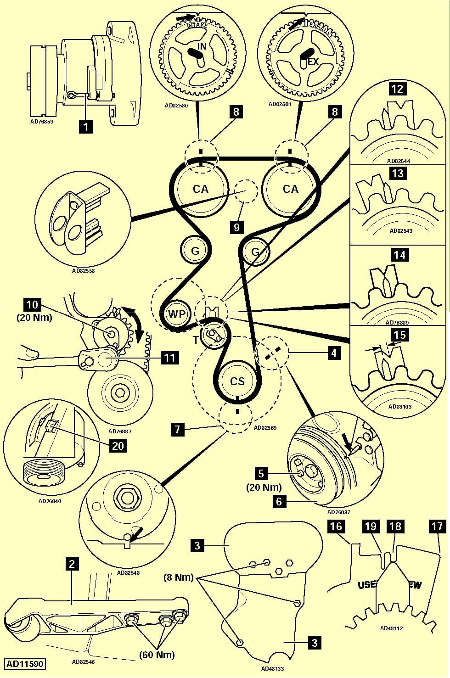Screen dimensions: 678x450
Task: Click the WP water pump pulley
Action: click(x=176, y=314)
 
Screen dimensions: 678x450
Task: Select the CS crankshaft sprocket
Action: click(x=237, y=381)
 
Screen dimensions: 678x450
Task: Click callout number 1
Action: click(x=85, y=125)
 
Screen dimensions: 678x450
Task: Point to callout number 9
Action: click(x=236, y=227)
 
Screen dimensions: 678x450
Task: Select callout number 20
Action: click(x=118, y=445)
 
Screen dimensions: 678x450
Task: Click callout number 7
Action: click(x=177, y=430)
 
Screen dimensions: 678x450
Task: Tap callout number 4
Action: click(x=334, y=353)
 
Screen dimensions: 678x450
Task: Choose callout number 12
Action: click(x=397, y=89)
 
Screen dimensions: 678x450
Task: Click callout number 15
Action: click(x=399, y=335)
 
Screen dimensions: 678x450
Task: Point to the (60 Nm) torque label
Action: click(x=157, y=655)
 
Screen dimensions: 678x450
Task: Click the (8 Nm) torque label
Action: click(x=179, y=577)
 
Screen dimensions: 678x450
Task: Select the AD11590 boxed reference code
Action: click(x=25, y=664)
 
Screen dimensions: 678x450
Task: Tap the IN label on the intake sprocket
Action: click(x=202, y=46)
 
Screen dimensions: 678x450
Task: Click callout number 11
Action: click(x=169, y=357)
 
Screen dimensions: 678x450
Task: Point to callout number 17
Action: click(x=436, y=526)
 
